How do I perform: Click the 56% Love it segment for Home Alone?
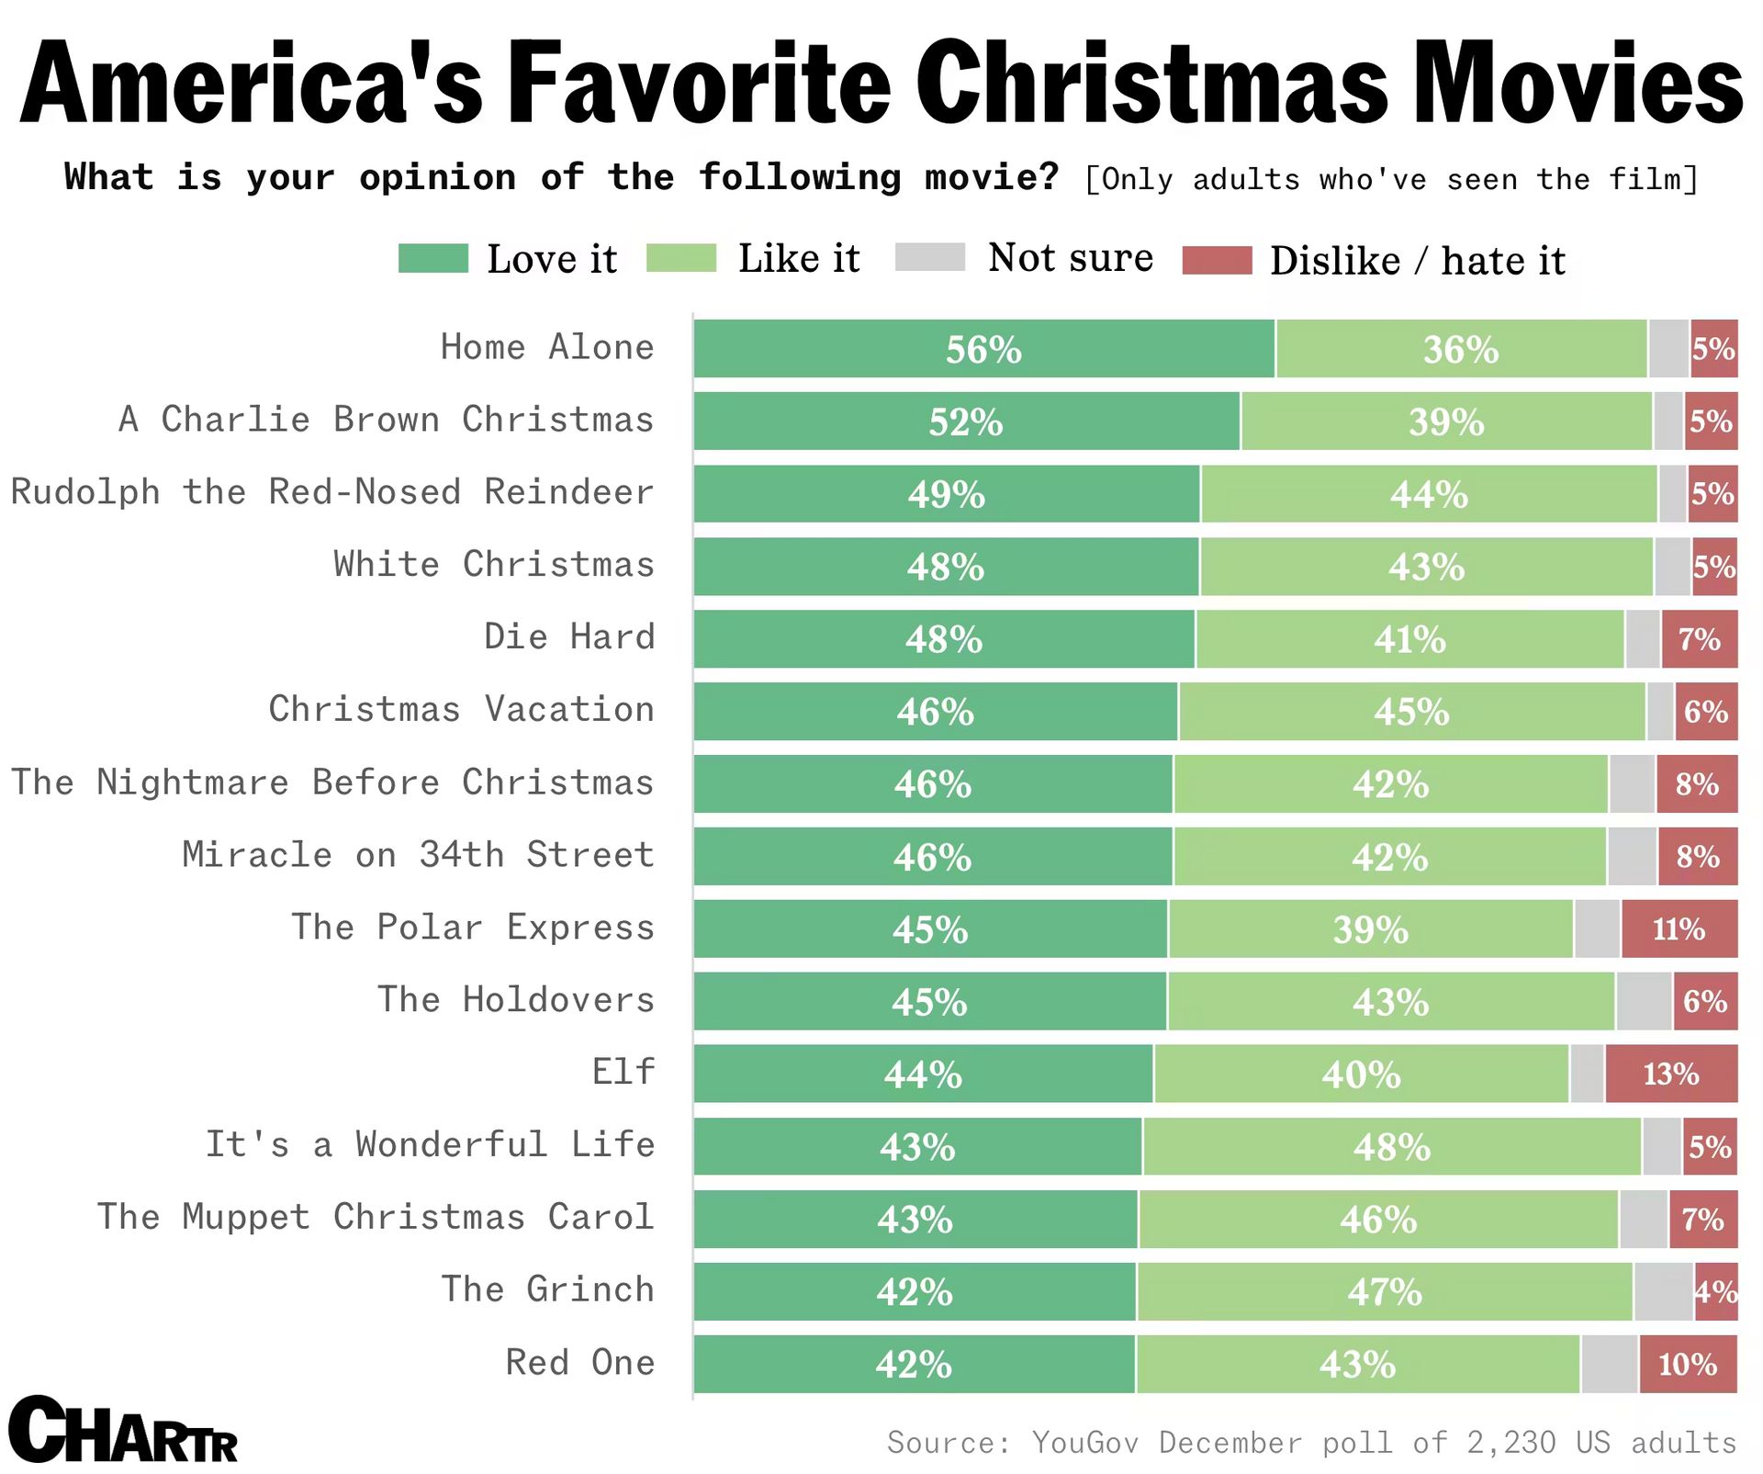pos(983,349)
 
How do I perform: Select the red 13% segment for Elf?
pos(1671,1074)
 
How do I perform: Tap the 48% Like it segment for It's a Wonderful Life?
pos(1391,1146)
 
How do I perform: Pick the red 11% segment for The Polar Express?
pos(1679,928)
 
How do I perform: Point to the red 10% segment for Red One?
pos(1688,1364)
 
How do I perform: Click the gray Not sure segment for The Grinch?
pos(1663,1291)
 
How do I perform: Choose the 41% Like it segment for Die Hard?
pos(1409,638)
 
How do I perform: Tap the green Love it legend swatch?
pos(432,259)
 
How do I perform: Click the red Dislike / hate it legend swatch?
pos(1217,261)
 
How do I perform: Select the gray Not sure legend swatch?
pos(929,258)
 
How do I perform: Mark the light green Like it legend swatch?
pos(680,259)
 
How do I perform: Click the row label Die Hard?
pos(569,636)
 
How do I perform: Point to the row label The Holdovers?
pos(516,999)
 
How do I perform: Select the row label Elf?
pos(623,1072)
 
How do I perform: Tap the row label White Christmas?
pos(494,564)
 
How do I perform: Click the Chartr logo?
pos(123,1432)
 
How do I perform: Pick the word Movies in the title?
pos(1578,84)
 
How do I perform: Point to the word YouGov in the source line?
pos(1084,1442)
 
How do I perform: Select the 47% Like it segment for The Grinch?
pos(1385,1291)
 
